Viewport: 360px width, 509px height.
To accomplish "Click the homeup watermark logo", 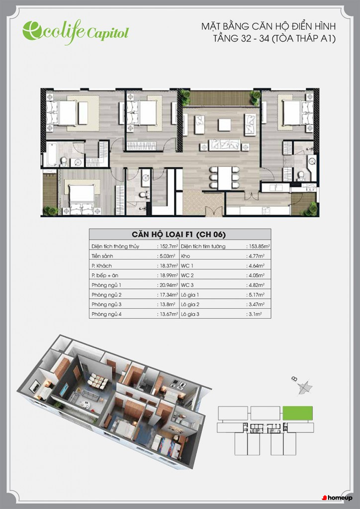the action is [x=337, y=498].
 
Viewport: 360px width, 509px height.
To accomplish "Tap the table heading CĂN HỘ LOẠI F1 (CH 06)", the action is [x=179, y=235].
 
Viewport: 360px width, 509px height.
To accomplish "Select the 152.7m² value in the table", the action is [x=168, y=247].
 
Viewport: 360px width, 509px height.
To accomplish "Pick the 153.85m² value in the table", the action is [x=258, y=247].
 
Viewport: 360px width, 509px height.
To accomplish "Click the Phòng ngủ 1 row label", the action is [x=106, y=285].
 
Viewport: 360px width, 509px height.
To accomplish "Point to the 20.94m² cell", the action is [x=168, y=285].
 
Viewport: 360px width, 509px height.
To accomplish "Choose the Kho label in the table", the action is [x=185, y=256].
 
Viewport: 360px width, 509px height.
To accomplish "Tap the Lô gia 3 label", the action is [x=190, y=314].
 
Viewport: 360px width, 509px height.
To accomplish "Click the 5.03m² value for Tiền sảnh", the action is [x=167, y=256].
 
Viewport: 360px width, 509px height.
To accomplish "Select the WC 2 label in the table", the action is [x=187, y=275].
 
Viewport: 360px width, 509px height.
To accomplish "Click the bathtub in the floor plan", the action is [x=52, y=155].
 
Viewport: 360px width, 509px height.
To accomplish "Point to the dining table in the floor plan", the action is [x=225, y=178].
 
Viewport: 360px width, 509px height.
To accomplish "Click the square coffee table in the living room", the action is [x=225, y=125].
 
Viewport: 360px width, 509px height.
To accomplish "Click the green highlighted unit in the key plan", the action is [x=298, y=413].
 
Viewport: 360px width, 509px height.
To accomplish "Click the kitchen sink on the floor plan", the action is [x=275, y=187].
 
